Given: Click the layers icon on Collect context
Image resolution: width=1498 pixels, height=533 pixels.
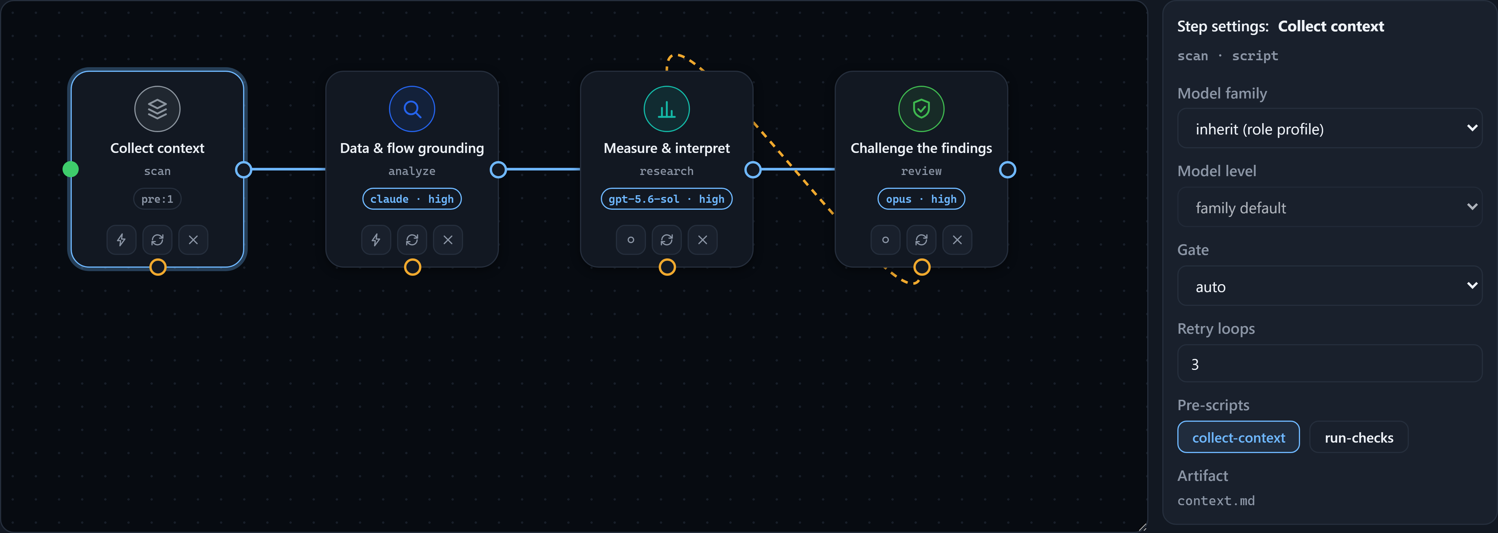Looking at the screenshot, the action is coord(157,109).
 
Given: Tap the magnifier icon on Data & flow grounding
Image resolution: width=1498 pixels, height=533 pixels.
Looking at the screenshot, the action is coord(412,109).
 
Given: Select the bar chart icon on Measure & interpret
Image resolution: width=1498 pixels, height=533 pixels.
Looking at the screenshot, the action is coord(667,109).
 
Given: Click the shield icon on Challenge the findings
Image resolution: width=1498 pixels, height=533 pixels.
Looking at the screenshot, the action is coord(921,109).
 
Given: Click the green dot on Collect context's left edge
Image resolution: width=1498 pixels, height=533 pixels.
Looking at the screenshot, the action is coord(70,169).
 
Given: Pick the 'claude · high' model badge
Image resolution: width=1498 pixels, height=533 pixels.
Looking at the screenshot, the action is coord(412,199).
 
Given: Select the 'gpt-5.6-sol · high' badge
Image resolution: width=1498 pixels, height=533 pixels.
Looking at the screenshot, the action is coord(667,199).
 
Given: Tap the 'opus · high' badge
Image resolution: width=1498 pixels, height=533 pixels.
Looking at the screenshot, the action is coord(921,199).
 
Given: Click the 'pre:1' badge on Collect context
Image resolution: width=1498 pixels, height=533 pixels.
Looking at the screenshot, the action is coord(157,199).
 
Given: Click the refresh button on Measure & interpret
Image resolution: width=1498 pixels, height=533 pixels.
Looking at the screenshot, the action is coord(667,240).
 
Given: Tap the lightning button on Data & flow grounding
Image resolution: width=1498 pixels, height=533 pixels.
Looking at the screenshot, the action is coord(376,240).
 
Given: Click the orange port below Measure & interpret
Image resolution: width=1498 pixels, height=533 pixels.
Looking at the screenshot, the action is coord(667,267).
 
